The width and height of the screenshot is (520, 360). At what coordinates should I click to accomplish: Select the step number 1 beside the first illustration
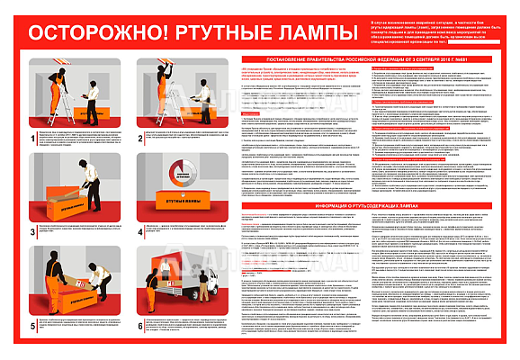(34, 137)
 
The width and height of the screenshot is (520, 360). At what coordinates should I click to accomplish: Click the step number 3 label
(34, 230)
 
